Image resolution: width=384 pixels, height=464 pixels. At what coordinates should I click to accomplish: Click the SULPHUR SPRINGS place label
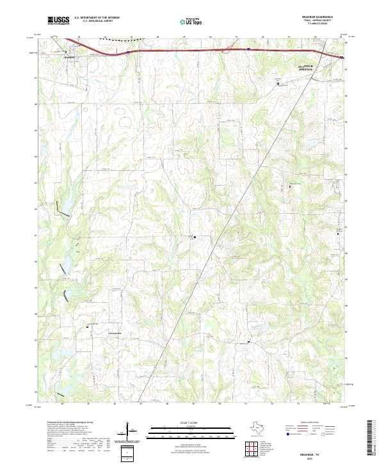[291, 67]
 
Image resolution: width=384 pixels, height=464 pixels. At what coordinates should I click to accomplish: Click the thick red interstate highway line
[192, 48]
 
